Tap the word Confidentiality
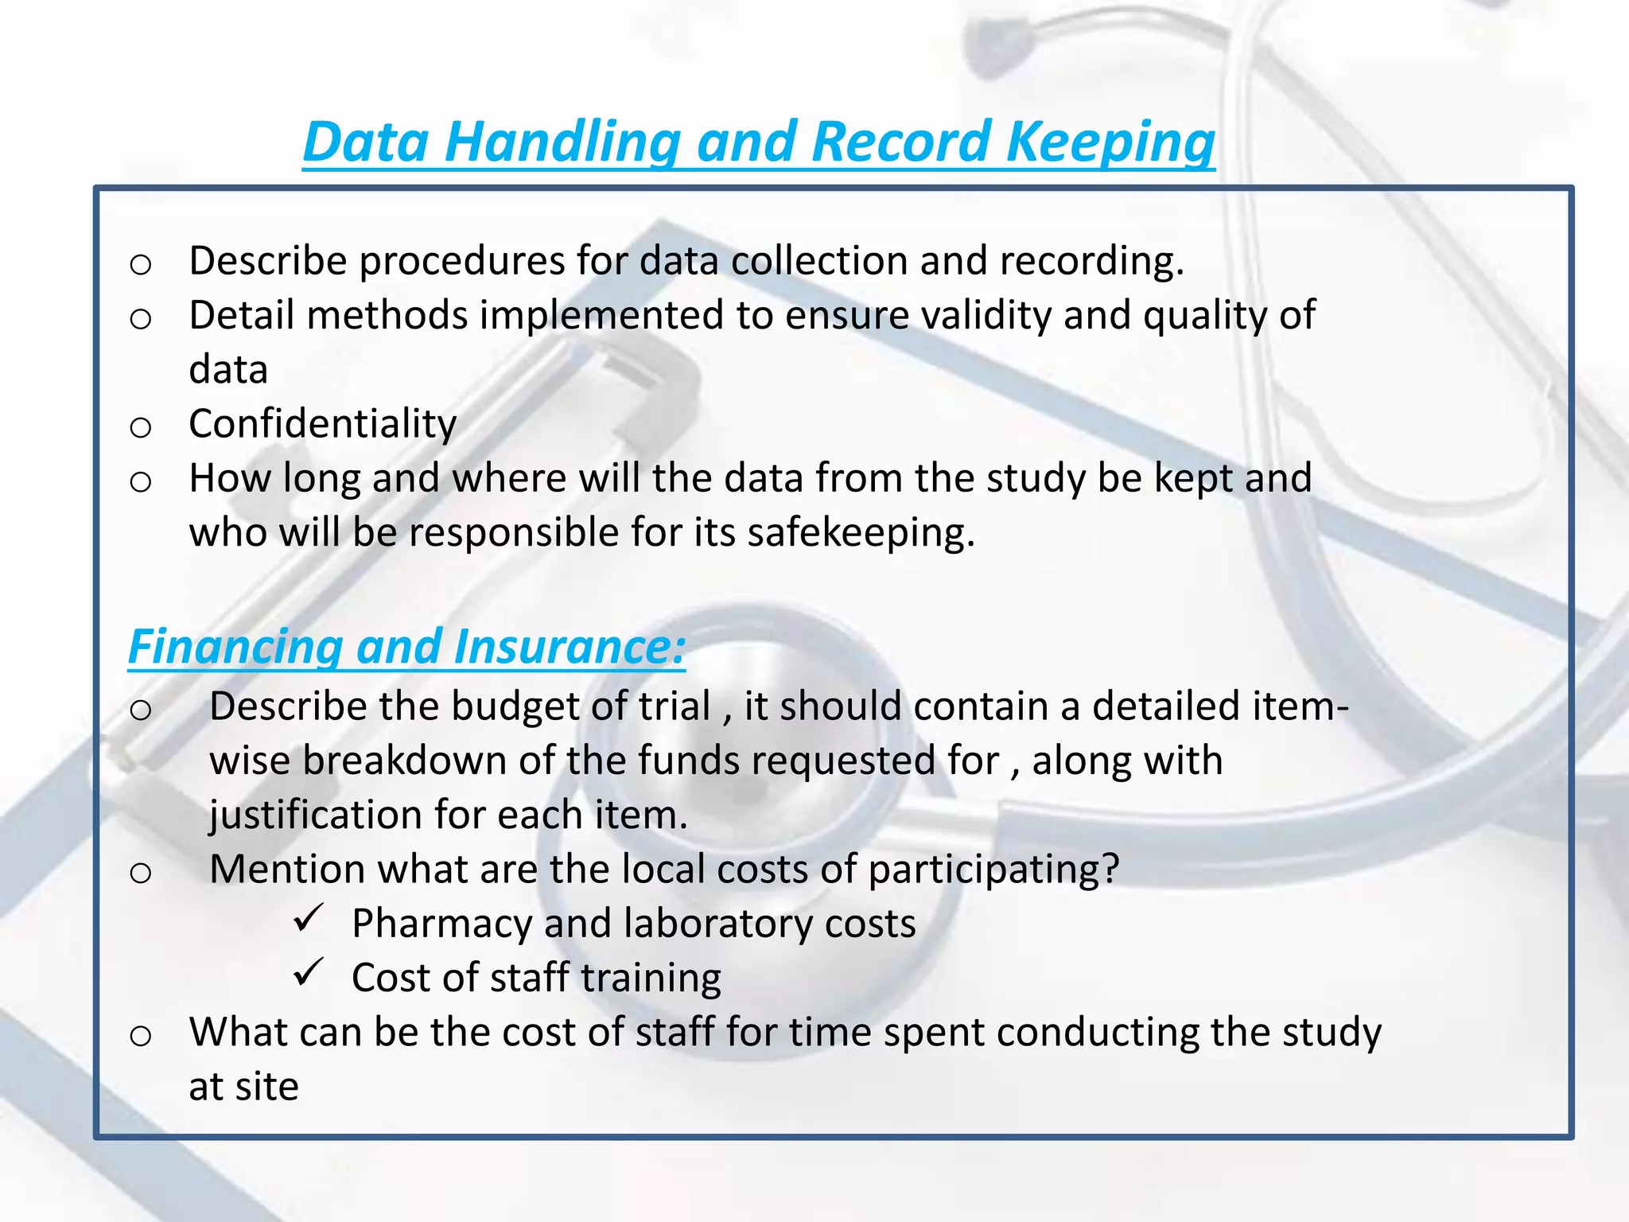322,424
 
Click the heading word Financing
235,646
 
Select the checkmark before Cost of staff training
307,973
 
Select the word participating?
993,870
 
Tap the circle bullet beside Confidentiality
141,428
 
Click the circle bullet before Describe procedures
141,264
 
